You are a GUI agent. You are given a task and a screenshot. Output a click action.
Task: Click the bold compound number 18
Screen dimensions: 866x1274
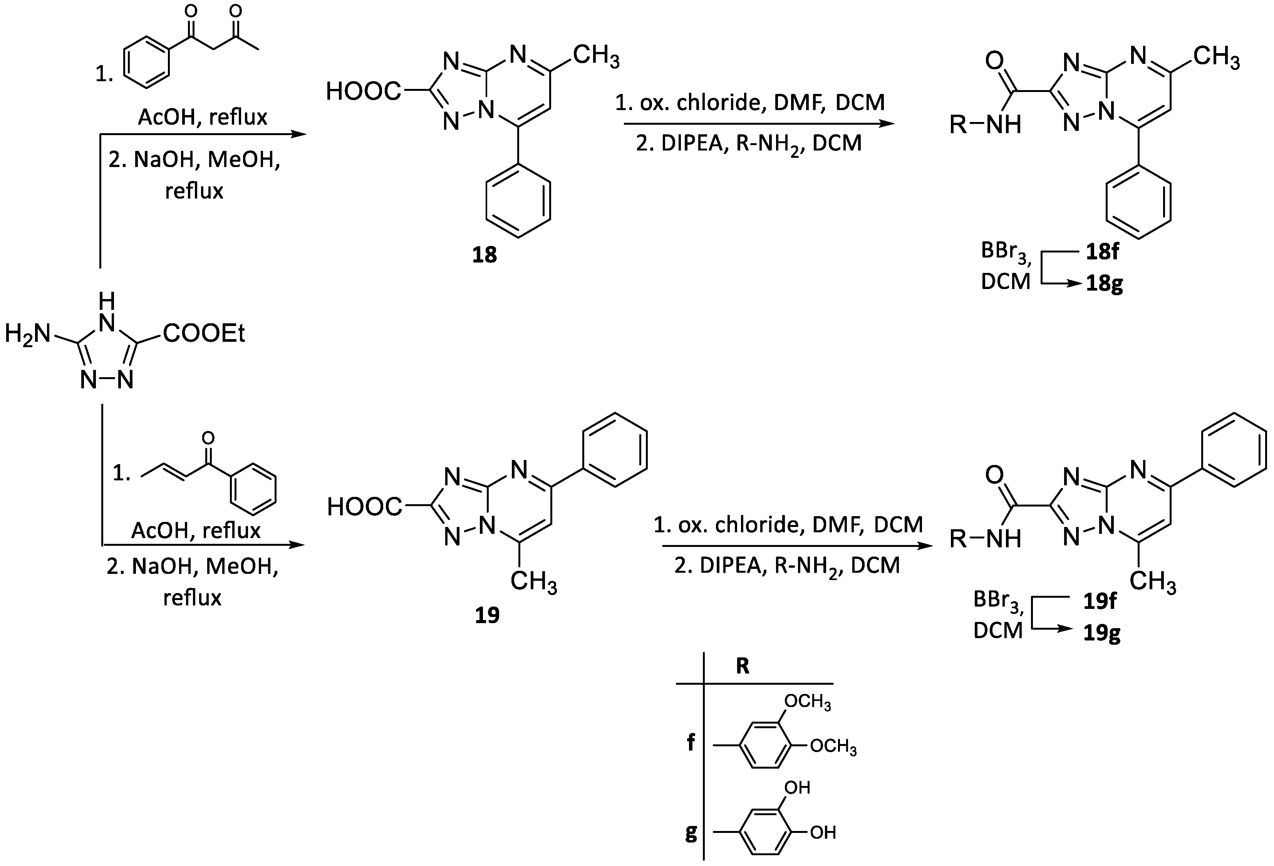click(484, 255)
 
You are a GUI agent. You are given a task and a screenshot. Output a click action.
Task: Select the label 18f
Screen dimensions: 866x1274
click(1101, 251)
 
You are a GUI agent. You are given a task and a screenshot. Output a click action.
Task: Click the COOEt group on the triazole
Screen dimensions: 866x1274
click(204, 333)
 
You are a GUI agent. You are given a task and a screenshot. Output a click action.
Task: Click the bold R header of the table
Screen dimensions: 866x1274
click(742, 666)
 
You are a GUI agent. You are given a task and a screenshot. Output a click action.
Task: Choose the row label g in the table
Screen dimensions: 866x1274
click(691, 833)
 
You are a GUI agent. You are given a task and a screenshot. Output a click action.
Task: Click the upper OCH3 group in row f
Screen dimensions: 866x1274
click(808, 702)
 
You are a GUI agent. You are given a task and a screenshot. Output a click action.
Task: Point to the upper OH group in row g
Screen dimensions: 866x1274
click(797, 787)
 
